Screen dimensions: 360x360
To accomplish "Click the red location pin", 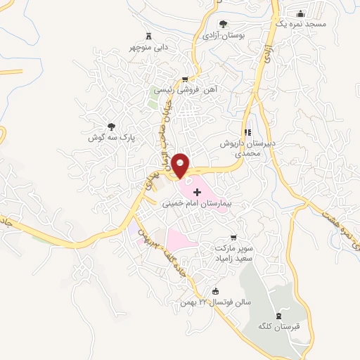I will (181, 165).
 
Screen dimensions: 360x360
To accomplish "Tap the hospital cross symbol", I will (207, 192).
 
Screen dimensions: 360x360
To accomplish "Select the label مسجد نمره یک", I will (302, 24).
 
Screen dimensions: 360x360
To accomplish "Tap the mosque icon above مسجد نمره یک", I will (301, 13).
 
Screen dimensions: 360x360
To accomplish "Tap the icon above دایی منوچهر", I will (148, 36).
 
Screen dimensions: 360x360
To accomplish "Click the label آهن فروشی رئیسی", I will (184, 90).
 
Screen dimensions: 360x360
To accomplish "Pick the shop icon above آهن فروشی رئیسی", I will (185, 79).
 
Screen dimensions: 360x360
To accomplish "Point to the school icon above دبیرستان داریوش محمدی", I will (247, 132).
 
